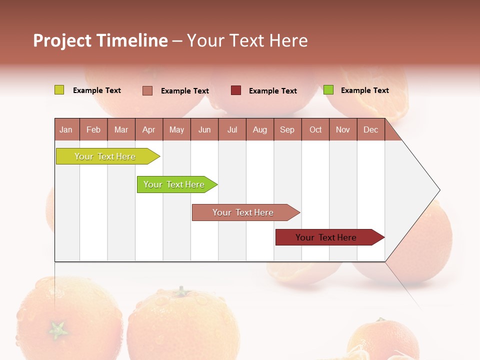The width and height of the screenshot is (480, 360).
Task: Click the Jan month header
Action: (x=66, y=129)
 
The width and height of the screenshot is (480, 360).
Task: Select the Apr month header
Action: (x=148, y=129)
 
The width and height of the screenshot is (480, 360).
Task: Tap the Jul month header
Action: (x=232, y=129)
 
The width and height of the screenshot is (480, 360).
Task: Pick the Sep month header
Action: (x=287, y=129)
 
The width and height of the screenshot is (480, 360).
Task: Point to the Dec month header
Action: (x=370, y=129)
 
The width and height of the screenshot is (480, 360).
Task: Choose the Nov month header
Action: (x=342, y=129)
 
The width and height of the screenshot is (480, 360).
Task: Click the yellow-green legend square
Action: (x=59, y=90)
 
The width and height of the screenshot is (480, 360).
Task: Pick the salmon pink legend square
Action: (x=147, y=90)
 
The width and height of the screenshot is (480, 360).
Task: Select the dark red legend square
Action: (x=236, y=90)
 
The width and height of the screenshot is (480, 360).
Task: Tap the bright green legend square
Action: (x=328, y=90)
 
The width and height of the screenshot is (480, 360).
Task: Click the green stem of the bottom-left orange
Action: (x=58, y=330)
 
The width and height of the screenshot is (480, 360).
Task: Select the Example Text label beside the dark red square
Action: (x=272, y=91)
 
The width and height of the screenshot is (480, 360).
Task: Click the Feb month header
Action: (x=93, y=129)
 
